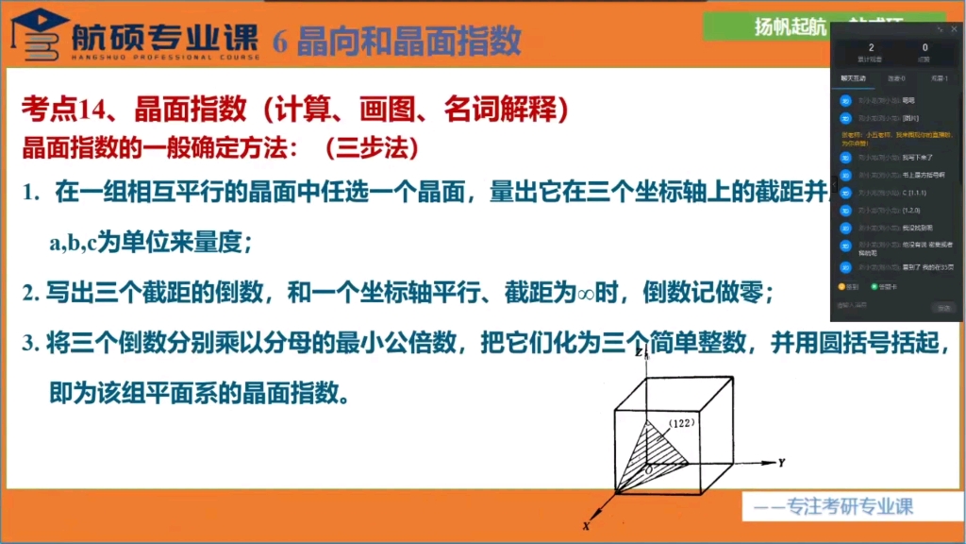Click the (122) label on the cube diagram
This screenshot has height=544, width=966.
coord(680,425)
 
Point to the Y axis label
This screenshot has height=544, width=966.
coord(782,463)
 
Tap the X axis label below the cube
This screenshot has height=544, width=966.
coord(585,525)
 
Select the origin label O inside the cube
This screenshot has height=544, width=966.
coord(647,468)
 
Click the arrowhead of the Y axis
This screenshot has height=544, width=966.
coord(769,464)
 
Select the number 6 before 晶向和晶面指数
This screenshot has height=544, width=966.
coord(280,42)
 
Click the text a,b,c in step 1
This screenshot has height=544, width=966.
coord(73,243)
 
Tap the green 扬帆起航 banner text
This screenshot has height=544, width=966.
coord(789,27)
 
